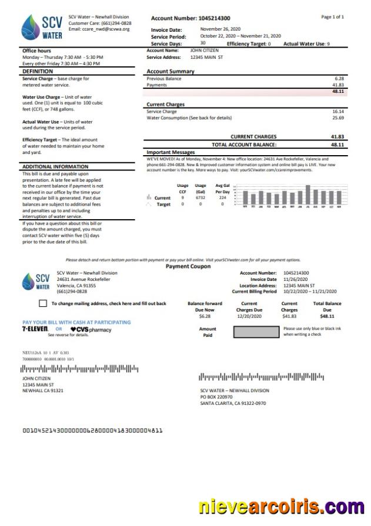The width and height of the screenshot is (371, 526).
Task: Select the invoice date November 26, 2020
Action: click(220, 29)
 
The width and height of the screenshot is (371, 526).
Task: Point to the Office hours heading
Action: click(36, 51)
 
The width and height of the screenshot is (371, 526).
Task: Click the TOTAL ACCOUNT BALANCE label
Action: click(244, 144)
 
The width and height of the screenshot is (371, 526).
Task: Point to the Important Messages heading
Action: click(171, 152)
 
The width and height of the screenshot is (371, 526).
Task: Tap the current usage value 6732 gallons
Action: click(200, 198)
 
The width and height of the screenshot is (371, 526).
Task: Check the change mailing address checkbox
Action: click(42, 303)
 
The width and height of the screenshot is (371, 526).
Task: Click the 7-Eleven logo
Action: click(35, 329)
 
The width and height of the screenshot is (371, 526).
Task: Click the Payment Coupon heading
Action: click(188, 266)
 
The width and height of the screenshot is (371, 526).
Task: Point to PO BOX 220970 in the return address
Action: click(216, 397)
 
